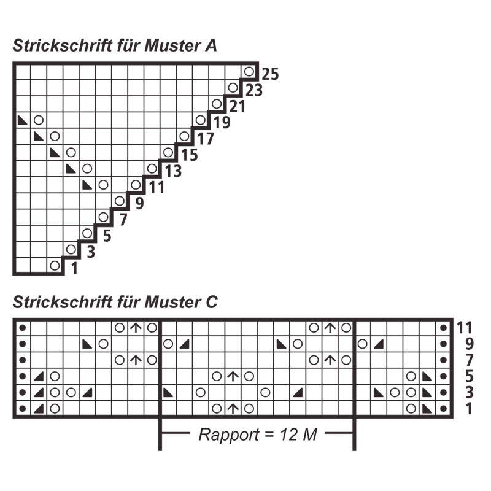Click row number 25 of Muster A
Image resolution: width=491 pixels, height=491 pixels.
(270, 74)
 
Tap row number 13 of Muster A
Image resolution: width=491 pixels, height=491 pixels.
(173, 171)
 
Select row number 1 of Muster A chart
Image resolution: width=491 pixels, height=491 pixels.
(74, 268)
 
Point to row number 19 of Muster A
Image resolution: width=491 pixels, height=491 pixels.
(222, 122)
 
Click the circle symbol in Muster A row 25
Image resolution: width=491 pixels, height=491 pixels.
(249, 72)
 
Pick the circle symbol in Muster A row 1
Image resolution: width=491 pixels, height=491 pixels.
(55, 266)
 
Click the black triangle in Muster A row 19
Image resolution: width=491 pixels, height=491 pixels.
(22, 120)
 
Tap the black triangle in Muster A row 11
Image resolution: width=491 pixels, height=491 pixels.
(87, 185)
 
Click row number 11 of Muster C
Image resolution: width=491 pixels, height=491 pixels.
(465, 328)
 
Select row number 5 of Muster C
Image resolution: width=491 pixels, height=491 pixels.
(469, 376)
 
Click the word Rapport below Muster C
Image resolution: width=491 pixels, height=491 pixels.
(229, 435)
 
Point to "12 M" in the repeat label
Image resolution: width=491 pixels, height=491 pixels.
(298, 435)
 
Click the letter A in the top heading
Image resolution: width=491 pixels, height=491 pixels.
(211, 45)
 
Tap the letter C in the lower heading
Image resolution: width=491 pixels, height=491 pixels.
(212, 302)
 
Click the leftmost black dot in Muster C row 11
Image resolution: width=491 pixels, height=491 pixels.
(23, 328)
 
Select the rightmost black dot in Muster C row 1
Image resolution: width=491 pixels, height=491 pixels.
(443, 409)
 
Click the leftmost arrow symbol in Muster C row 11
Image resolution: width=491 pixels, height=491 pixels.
(136, 328)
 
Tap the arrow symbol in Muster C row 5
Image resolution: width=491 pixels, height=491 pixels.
(233, 376)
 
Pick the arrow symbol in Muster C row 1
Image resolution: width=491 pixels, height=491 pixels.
(233, 409)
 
